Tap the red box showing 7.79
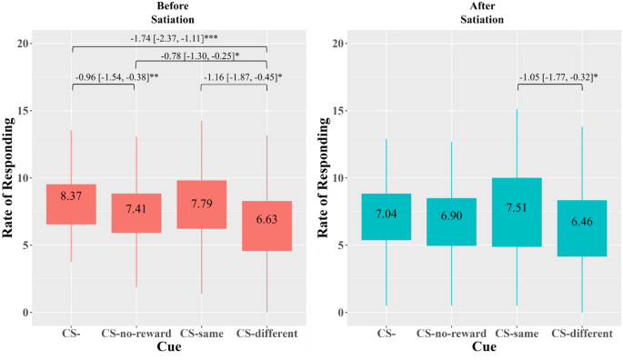pyautogui.click(x=201, y=205)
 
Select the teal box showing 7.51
pyautogui.click(x=517, y=212)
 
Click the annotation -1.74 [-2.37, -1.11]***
pyautogui.click(x=169, y=39)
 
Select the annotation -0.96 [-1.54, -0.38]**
pyautogui.click(x=104, y=78)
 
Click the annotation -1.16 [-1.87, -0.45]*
pyautogui.click(x=234, y=78)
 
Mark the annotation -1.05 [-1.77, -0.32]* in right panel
pyautogui.click(x=548, y=78)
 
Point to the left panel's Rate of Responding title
pyautogui.click(x=9, y=178)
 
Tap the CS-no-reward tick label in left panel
pyautogui.click(x=136, y=333)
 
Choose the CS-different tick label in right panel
pyautogui.click(x=581, y=333)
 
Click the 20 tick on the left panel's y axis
pyautogui.click(x=25, y=44)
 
